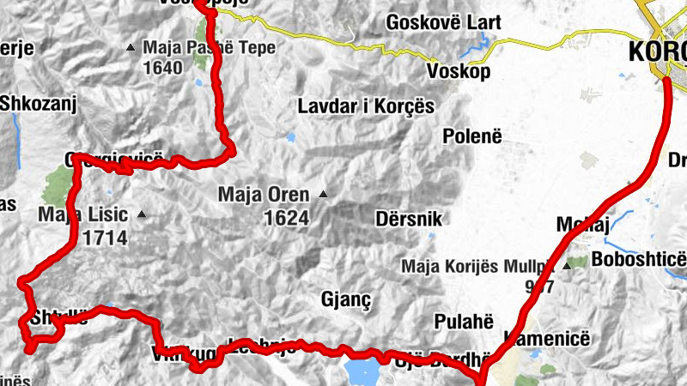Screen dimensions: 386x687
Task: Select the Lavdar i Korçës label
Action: (366, 106)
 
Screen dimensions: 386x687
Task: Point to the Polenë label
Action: (472, 136)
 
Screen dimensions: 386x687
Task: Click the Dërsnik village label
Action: (409, 219)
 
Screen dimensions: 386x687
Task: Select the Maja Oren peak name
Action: (264, 194)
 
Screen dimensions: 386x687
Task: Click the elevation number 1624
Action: (286, 218)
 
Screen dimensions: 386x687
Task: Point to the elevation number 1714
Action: (106, 238)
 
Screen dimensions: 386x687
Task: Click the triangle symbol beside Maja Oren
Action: (323, 195)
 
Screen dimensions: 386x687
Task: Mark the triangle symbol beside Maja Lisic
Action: (141, 214)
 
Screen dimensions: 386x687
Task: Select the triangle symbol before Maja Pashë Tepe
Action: (131, 47)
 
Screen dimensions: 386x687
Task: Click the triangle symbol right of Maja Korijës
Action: (567, 267)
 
